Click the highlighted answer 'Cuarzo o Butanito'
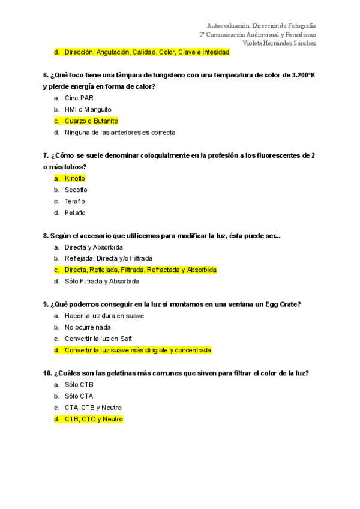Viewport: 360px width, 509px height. pyautogui.click(x=91, y=121)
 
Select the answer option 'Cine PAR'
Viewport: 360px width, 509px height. pyautogui.click(x=79, y=98)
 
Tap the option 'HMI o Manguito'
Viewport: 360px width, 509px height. pyautogui.click(x=88, y=109)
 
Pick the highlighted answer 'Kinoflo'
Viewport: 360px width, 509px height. pyautogui.click(x=75, y=178)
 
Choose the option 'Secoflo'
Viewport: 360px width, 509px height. pyautogui.click(x=76, y=190)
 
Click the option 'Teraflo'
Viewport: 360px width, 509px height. pyautogui.click(x=75, y=201)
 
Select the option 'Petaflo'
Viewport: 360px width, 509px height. pyautogui.click(x=75, y=212)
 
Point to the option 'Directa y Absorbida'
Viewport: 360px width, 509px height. pyautogui.click(x=94, y=247)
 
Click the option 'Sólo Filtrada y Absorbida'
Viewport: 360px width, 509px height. pyautogui.click(x=102, y=281)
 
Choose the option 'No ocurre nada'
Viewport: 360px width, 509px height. pyautogui.click(x=88, y=327)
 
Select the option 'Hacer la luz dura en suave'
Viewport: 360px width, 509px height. pyautogui.click(x=104, y=316)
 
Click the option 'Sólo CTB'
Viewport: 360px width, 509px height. pyautogui.click(x=79, y=384)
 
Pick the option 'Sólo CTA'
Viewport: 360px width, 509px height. pyautogui.click(x=79, y=396)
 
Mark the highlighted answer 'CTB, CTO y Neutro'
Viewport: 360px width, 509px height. pyautogui.click(x=94, y=419)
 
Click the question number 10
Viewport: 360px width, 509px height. pyautogui.click(x=47, y=373)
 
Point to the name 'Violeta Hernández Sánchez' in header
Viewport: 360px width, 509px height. pyautogui.click(x=279, y=43)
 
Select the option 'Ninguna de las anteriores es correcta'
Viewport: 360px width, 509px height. pyautogui.click(x=120, y=133)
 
